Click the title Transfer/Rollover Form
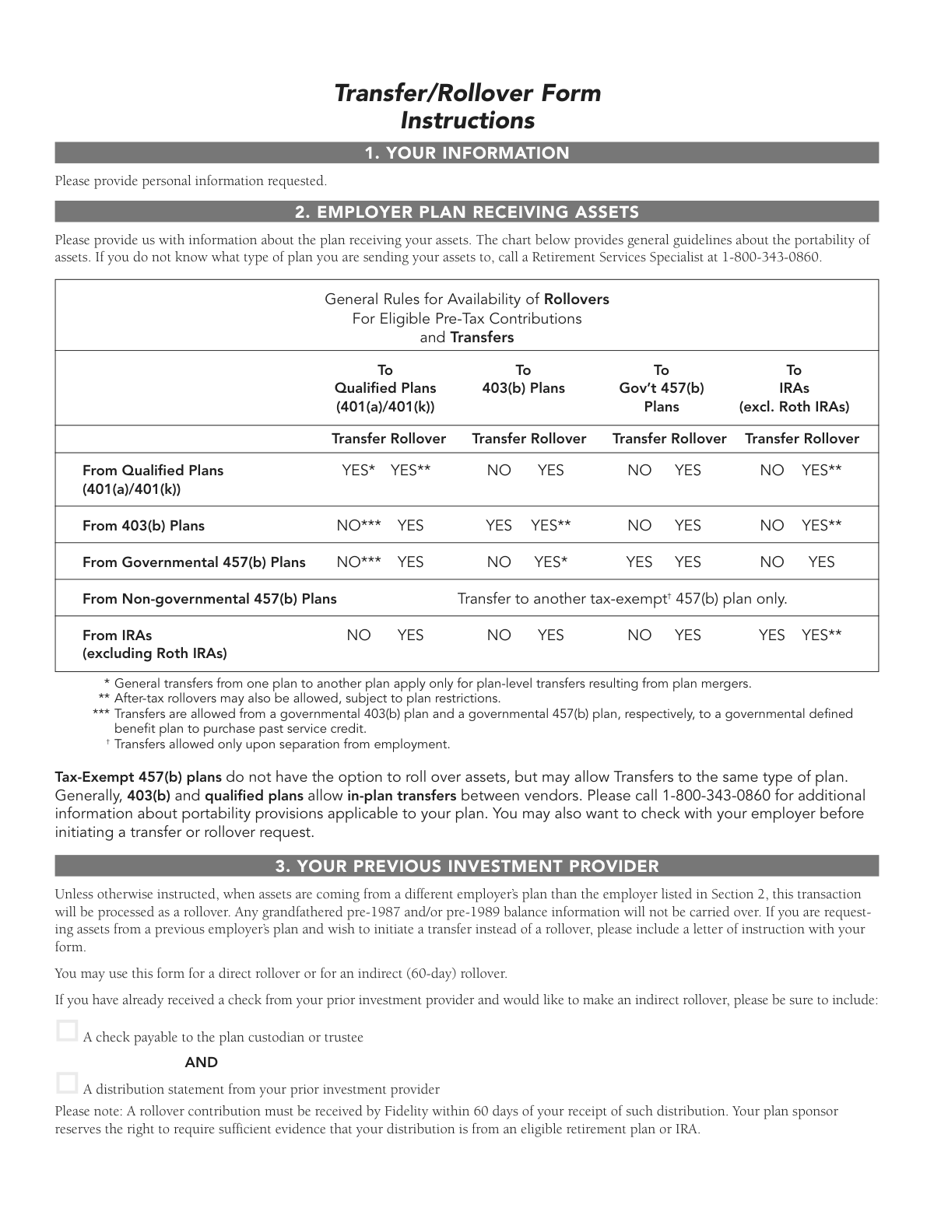pyautogui.click(x=467, y=93)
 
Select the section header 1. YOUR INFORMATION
pyautogui.click(x=467, y=153)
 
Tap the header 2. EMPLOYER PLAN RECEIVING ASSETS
pyautogui.click(x=467, y=212)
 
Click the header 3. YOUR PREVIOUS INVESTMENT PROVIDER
pyautogui.click(x=467, y=867)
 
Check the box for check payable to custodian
pyautogui.click(x=68, y=1031)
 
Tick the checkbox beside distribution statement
pyautogui.click(x=68, y=1083)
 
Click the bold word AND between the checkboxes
pyautogui.click(x=202, y=1063)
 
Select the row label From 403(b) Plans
pyautogui.click(x=143, y=526)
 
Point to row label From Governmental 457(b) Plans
pyautogui.click(x=194, y=562)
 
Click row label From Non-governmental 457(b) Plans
pyautogui.click(x=209, y=599)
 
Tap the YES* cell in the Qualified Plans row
pyautogui.click(x=359, y=471)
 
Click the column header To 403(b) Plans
pyautogui.click(x=523, y=380)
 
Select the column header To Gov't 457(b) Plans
pyautogui.click(x=661, y=388)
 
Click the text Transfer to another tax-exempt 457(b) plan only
pyautogui.click(x=622, y=599)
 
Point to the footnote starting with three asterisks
pyautogui.click(x=483, y=714)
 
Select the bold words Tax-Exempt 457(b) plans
pyautogui.click(x=139, y=777)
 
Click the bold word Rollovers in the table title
pyautogui.click(x=576, y=299)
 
